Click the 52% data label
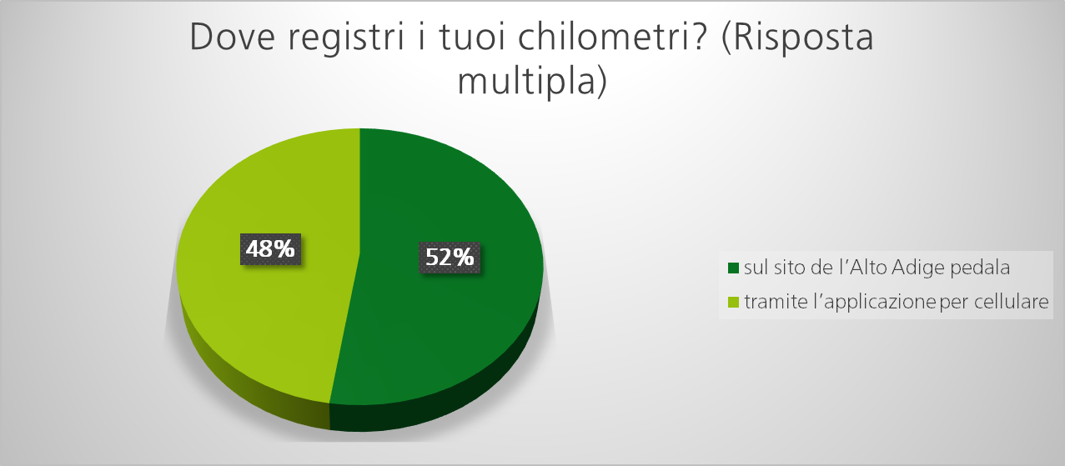450,258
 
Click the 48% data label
270,249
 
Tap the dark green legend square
733,268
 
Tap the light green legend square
733,302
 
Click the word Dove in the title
232,37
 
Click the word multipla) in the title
532,81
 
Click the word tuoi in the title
473,37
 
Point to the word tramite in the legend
776,302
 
